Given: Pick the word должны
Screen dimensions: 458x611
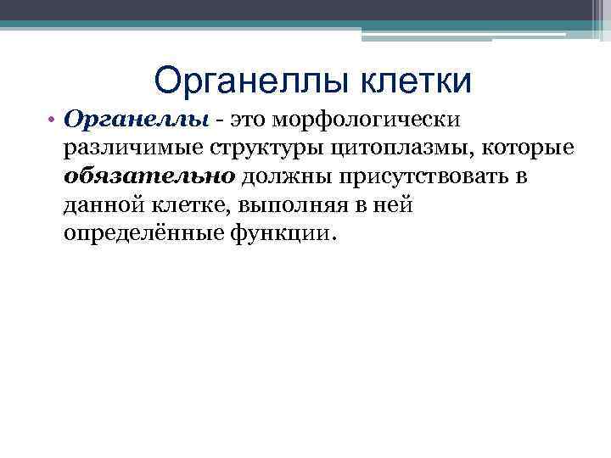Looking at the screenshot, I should [x=275, y=177].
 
